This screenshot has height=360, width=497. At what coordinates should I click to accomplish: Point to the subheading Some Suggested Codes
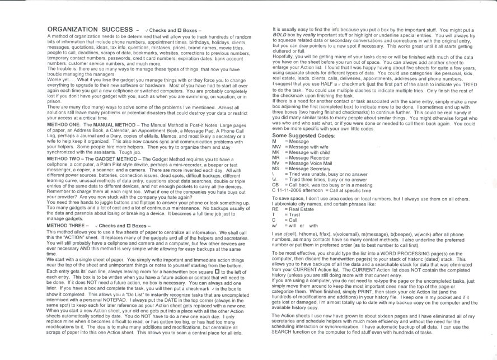pyautogui.click(x=301, y=135)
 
